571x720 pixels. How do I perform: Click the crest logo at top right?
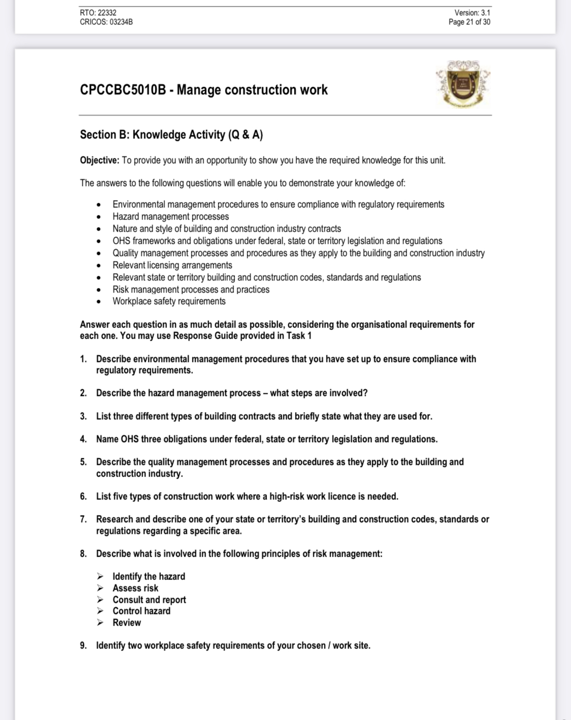pyautogui.click(x=463, y=84)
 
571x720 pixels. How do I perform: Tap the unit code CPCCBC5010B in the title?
pyautogui.click(x=123, y=90)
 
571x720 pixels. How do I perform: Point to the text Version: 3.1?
pyautogui.click(x=472, y=13)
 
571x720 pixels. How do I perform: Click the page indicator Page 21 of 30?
pyautogui.click(x=469, y=22)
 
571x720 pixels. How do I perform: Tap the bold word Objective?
pyautogui.click(x=99, y=161)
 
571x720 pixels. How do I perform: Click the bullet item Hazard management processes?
pyautogui.click(x=171, y=217)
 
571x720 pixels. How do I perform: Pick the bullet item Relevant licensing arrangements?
pyautogui.click(x=172, y=265)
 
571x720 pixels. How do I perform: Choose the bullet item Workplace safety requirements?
pyautogui.click(x=169, y=301)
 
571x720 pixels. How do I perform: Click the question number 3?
pyautogui.click(x=83, y=416)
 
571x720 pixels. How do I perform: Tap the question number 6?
pyautogui.click(x=83, y=496)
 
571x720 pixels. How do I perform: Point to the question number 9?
pyautogui.click(x=83, y=645)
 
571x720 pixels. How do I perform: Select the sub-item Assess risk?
pyautogui.click(x=136, y=588)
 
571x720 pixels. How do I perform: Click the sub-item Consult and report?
pyautogui.click(x=149, y=600)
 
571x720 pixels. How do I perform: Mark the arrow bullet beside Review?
pyautogui.click(x=100, y=623)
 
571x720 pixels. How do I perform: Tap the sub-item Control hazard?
pyautogui.click(x=142, y=611)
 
